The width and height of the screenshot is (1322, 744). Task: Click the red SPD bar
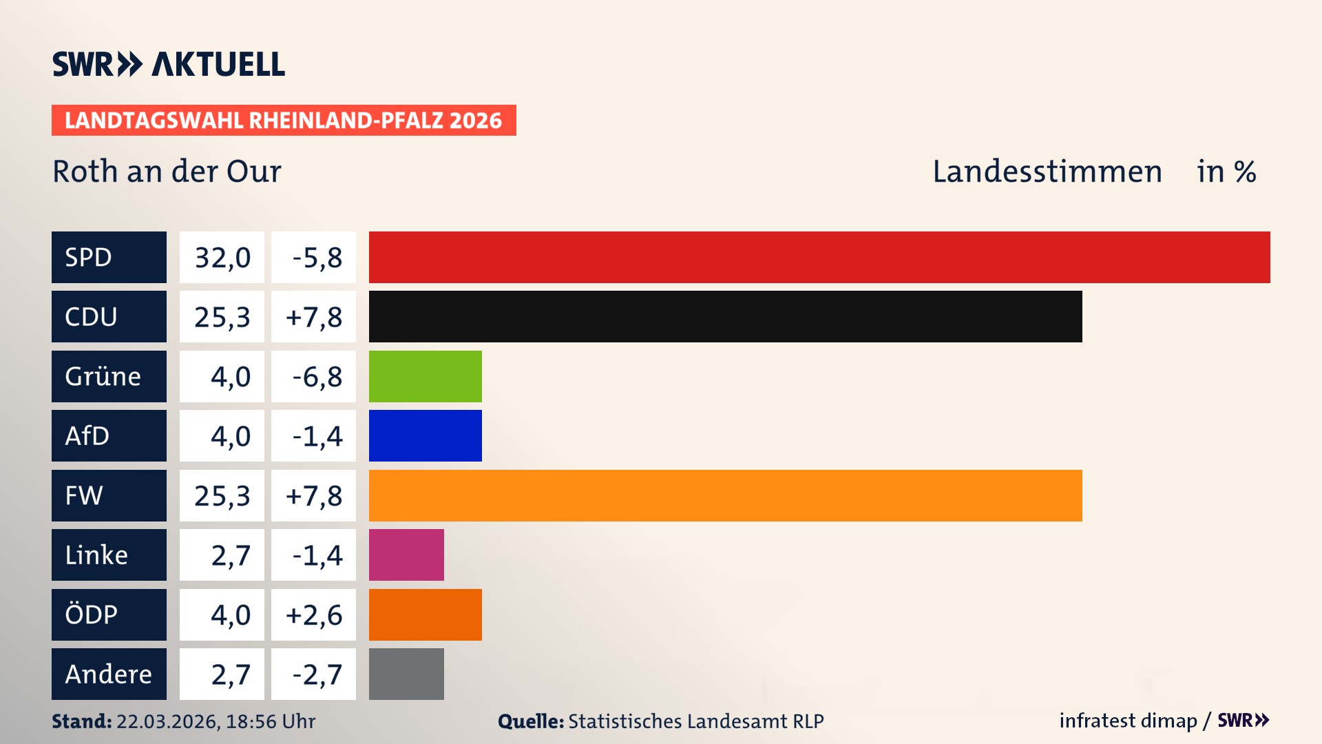pos(819,257)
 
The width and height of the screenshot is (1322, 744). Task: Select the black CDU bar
pos(725,317)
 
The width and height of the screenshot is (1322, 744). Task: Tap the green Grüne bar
pos(425,376)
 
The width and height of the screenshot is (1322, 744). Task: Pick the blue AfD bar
pos(425,435)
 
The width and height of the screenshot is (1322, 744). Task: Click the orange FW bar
pos(725,495)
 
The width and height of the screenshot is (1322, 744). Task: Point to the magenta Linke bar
pos(406,555)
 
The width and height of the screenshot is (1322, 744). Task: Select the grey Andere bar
pos(406,674)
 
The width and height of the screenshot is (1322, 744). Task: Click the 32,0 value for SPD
pos(222,258)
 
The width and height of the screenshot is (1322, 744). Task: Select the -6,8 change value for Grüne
pos(317,377)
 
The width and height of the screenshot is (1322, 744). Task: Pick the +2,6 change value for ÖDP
pos(314,615)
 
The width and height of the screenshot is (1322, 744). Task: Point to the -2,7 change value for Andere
pos(317,674)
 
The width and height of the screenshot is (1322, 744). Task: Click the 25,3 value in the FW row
pos(222,496)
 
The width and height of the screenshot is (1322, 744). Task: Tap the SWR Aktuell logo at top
pos(169,64)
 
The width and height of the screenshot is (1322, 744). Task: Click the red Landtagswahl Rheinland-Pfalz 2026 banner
pos(283,121)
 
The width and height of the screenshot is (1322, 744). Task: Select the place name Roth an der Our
pos(167,172)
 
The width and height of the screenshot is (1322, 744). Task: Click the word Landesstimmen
pos(1047,172)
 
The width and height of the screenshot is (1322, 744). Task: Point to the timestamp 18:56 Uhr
pos(270,721)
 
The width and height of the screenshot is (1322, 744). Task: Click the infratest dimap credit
pos(1128,721)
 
